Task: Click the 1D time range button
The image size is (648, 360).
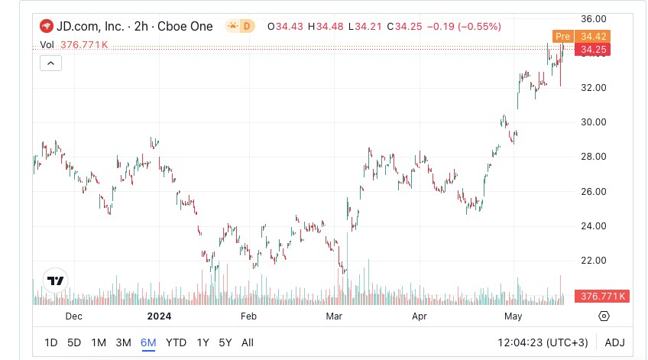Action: (50, 342)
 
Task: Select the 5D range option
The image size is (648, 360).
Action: (74, 342)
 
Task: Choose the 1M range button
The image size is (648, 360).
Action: (99, 342)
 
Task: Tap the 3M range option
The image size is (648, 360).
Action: (123, 342)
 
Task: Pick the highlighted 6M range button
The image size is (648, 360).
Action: (148, 342)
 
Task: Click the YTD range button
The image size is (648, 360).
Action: (176, 342)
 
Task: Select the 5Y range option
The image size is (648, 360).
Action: (225, 342)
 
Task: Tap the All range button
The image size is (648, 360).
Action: (248, 342)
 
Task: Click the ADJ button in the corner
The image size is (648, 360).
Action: (614, 342)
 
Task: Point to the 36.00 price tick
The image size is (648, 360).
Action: (594, 18)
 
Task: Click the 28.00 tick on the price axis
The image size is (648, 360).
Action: (594, 157)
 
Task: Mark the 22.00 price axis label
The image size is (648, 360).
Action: (594, 261)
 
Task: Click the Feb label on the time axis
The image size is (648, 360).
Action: (248, 316)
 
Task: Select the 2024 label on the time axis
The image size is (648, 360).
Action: (159, 316)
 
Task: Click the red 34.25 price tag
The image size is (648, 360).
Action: (593, 50)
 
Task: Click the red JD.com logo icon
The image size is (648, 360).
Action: (46, 26)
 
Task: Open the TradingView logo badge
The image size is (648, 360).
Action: (55, 281)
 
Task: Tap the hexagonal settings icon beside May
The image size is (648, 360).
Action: (604, 316)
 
